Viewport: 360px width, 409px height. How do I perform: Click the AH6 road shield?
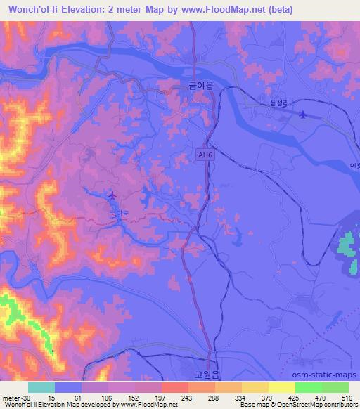[x=205, y=156]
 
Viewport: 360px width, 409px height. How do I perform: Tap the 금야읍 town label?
[x=200, y=86]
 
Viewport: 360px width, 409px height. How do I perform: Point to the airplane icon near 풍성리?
[x=303, y=114]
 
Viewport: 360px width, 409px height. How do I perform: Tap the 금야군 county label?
[x=118, y=208]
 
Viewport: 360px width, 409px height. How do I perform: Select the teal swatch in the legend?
[x=41, y=388]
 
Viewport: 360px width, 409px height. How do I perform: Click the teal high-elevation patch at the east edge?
[x=345, y=245]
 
